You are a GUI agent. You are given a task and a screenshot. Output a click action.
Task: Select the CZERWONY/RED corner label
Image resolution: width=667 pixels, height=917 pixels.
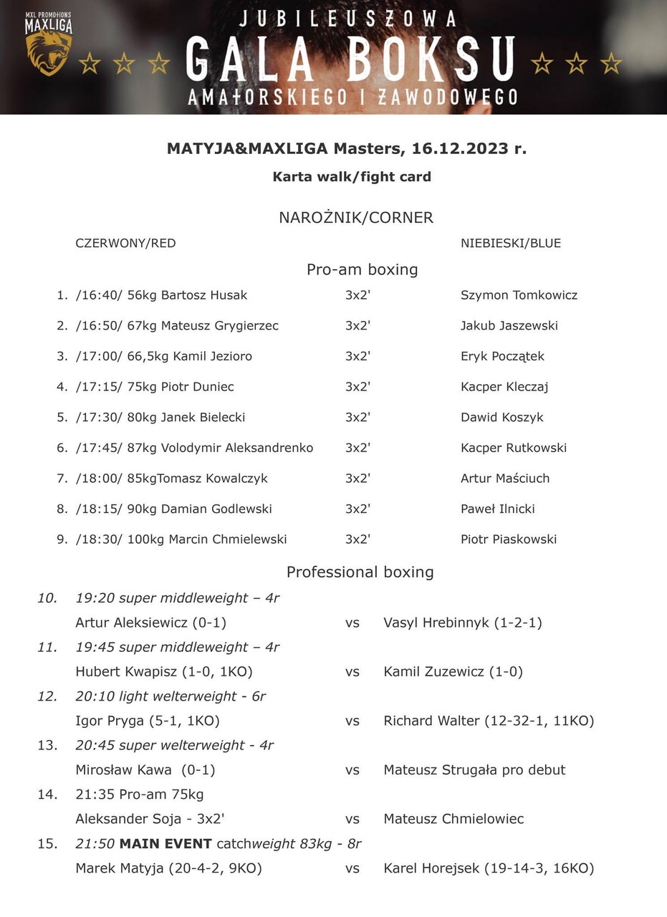tap(125, 243)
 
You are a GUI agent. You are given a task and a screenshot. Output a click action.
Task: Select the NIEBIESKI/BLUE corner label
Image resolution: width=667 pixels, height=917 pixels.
tap(511, 243)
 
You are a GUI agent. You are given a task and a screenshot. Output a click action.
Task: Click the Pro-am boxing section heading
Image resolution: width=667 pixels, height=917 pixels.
tap(362, 269)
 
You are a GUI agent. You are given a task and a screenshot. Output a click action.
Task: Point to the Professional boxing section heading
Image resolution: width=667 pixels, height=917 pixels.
tap(360, 572)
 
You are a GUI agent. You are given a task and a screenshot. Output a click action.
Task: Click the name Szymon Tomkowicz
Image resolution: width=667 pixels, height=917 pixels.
tap(519, 295)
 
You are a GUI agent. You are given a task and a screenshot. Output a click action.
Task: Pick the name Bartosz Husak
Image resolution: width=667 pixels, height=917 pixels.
tap(204, 295)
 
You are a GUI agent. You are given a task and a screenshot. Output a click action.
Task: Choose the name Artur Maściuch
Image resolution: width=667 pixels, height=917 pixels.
tap(505, 479)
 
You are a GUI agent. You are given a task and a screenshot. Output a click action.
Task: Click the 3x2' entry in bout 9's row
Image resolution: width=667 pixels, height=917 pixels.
tap(358, 539)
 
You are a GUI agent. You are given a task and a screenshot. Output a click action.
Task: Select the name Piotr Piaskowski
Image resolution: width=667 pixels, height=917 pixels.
tap(509, 539)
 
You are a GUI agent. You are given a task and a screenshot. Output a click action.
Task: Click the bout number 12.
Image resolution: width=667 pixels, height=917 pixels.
tap(47, 696)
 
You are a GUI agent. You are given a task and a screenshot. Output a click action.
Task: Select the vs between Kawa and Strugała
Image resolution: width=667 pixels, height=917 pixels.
tap(352, 770)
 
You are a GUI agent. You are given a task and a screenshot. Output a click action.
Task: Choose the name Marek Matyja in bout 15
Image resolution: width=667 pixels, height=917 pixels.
tap(120, 868)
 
